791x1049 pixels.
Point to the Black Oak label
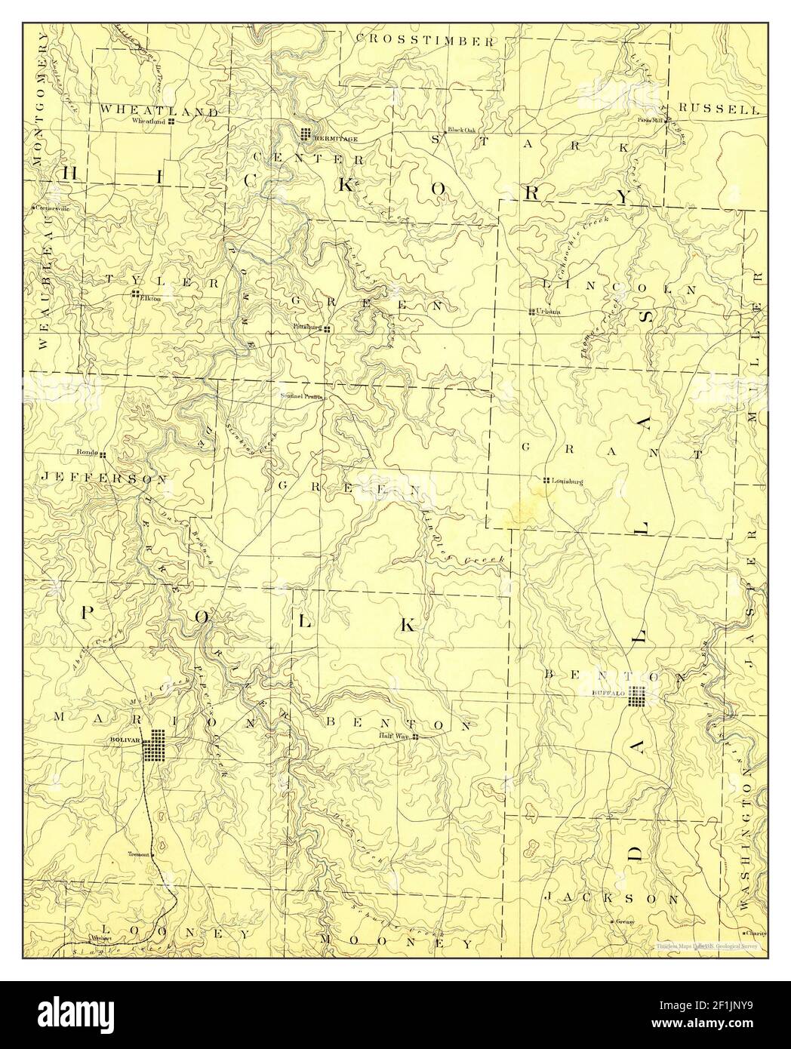[461, 130]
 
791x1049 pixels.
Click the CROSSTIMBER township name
[425, 40]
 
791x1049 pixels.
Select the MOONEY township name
[395, 943]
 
